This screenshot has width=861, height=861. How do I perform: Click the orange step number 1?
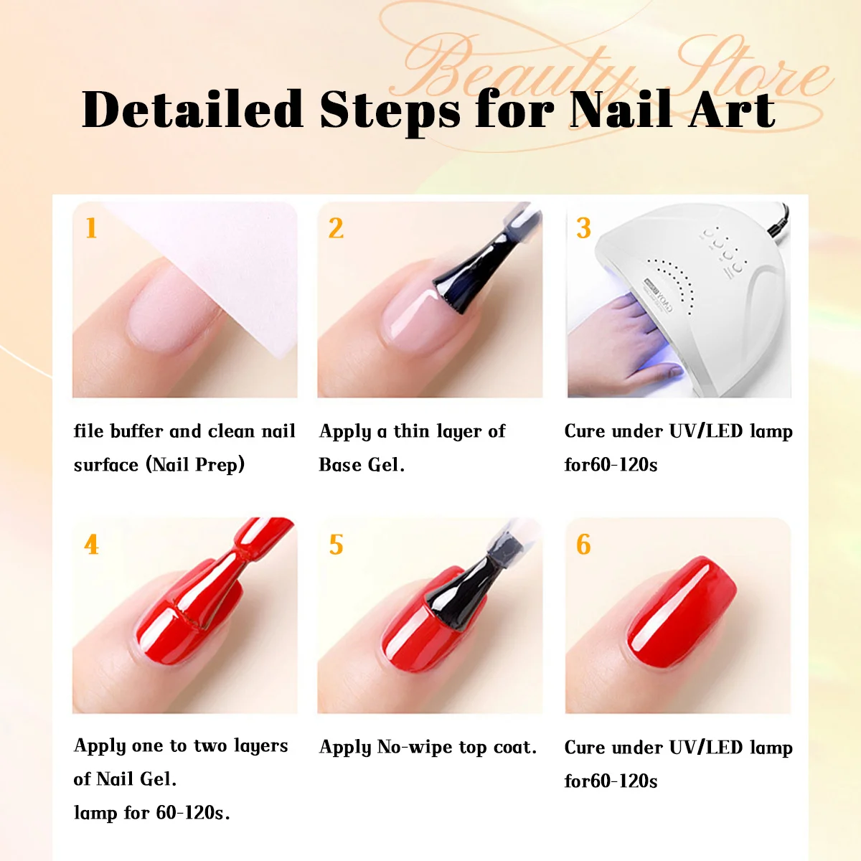pos(90,228)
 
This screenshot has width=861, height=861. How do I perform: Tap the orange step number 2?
pos(336,228)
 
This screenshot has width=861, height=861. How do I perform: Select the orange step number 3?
pos(583,228)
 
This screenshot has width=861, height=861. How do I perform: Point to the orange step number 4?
pos(91,545)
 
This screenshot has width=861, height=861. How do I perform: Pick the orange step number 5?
pos(336,545)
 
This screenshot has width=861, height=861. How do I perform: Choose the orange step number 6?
pos(583,545)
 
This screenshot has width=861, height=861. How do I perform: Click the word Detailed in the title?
pos(192,110)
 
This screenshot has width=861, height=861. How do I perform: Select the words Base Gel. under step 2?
pos(362,465)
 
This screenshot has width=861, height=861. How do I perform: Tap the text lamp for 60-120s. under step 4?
pos(151,813)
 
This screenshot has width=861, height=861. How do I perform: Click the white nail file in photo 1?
pos(237,287)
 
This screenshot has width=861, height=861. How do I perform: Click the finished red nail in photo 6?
pos(682,610)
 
